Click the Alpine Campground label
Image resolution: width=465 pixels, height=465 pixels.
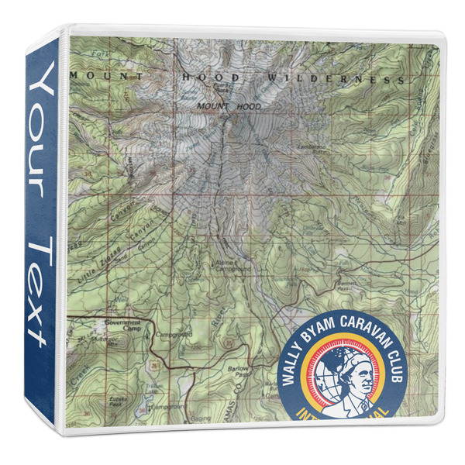(x=232, y=264)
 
